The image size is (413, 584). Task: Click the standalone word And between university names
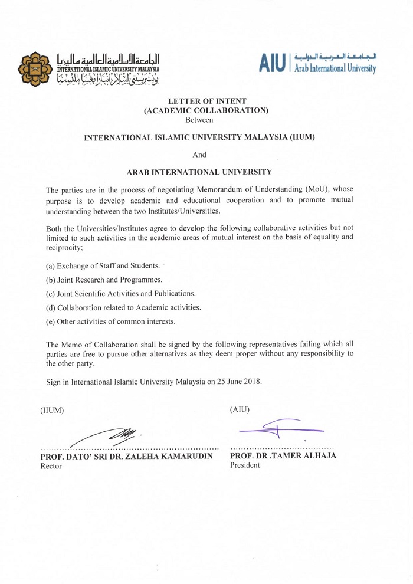200,155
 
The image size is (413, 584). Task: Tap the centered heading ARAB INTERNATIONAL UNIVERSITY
199,172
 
